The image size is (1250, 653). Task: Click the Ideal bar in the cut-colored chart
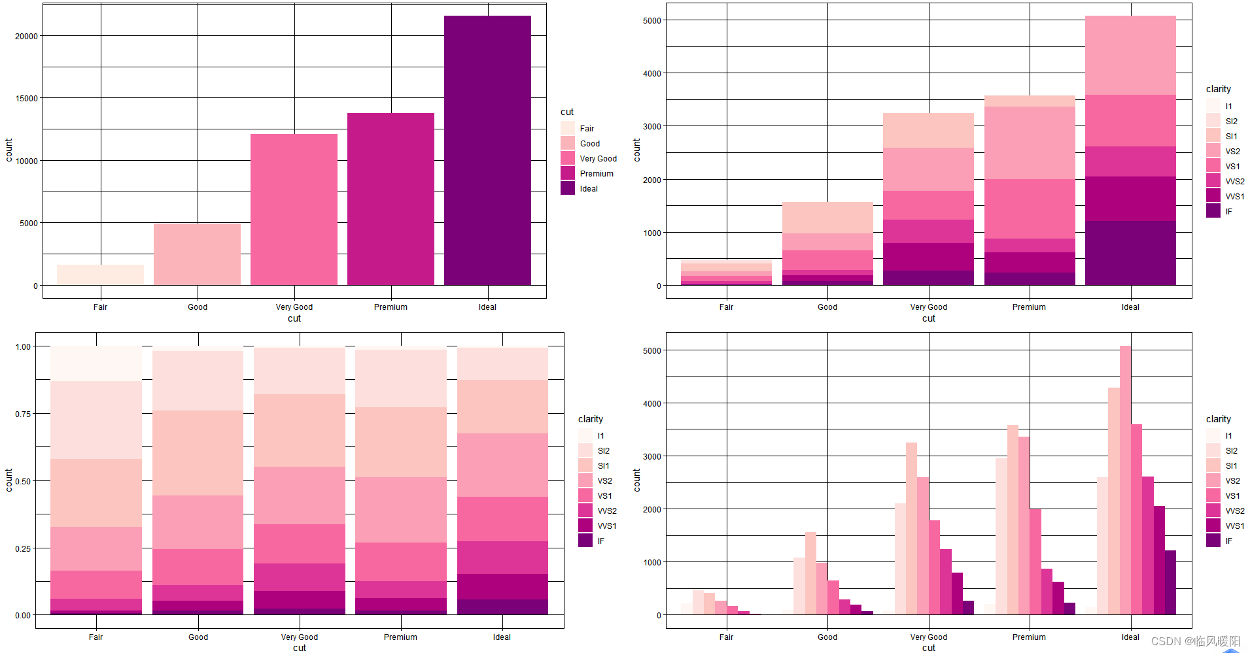[x=487, y=150]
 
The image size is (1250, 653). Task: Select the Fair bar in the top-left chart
[x=100, y=275]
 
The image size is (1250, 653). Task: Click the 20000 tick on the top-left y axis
[x=26, y=37]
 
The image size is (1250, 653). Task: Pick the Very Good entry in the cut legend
[x=598, y=159]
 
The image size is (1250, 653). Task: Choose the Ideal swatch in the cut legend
[x=567, y=188]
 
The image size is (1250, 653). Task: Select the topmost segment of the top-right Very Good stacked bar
[x=928, y=131]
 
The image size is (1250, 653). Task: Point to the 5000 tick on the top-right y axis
[x=651, y=21]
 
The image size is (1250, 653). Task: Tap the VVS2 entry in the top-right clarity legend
[x=1234, y=182]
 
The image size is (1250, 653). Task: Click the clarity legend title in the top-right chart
[x=1218, y=89]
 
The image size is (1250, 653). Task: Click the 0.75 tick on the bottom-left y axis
[x=23, y=414]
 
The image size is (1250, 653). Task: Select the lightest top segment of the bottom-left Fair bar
[x=96, y=363]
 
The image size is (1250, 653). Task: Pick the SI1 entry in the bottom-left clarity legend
[x=602, y=466]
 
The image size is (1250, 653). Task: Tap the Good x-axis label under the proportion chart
[x=198, y=637]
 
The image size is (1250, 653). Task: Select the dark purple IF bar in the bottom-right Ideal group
[x=1170, y=582]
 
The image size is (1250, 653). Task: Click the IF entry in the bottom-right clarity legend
[x=1228, y=541]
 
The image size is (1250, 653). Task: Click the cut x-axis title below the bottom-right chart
[x=928, y=648]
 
